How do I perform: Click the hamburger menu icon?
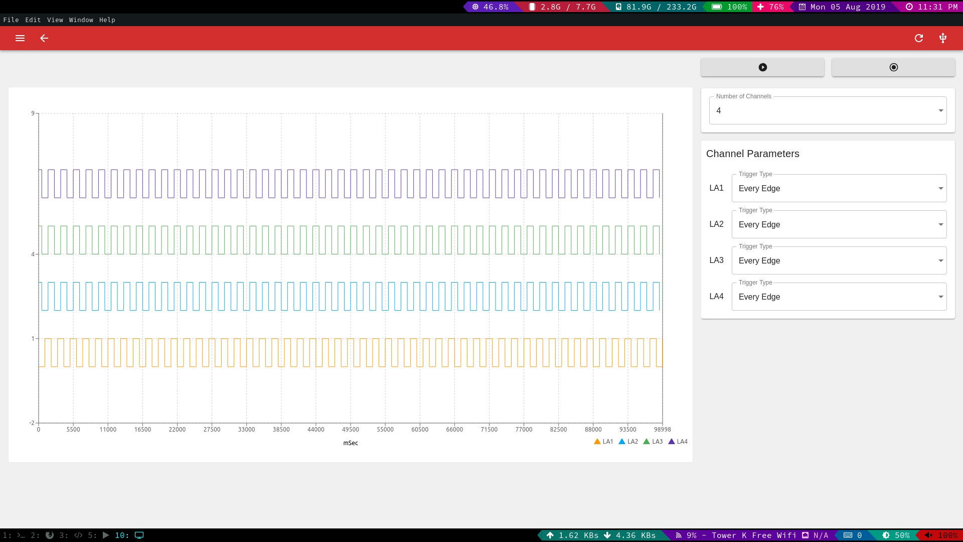20,38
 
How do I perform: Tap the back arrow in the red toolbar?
44,38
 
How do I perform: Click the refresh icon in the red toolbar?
919,38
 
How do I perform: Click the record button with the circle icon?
893,67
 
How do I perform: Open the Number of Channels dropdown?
828,110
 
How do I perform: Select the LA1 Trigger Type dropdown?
839,188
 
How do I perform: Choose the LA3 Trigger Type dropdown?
839,260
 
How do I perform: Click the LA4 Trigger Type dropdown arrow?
941,297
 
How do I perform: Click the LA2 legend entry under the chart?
628,442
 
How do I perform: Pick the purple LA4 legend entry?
678,442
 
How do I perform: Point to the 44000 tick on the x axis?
316,430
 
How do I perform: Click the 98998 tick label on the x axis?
662,430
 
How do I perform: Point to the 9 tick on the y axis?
33,113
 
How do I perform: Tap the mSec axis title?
351,443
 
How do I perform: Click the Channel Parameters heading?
753,154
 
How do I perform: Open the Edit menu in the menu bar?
33,20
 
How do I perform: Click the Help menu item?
107,20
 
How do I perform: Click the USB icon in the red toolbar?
943,38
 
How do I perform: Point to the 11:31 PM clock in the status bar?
932,7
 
